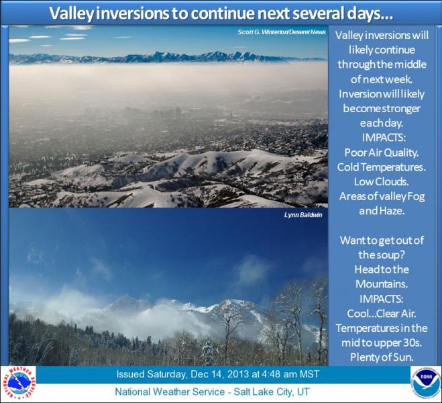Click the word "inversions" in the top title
(132, 13)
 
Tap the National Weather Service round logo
(19, 383)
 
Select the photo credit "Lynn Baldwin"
(303, 215)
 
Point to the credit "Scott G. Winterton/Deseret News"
(281, 32)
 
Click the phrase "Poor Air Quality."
(382, 152)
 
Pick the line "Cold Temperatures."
(382, 167)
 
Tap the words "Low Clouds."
(382, 182)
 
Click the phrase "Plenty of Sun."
(382, 357)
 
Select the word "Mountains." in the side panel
(382, 284)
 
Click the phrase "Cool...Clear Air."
(382, 314)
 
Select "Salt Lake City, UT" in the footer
(272, 392)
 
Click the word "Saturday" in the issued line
(166, 375)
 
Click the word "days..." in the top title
(370, 13)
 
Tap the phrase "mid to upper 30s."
(382, 343)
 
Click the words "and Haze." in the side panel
(382, 211)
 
